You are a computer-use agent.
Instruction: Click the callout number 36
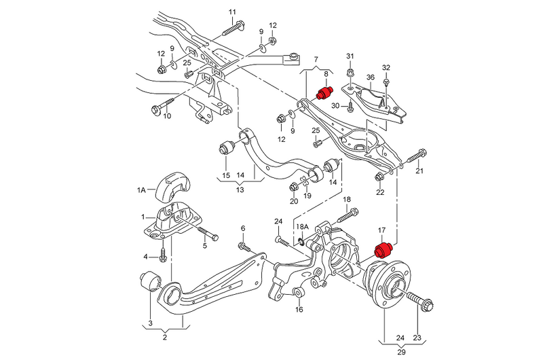click(x=371, y=77)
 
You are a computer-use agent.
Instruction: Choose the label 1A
click(x=141, y=191)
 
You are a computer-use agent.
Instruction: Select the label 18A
click(x=301, y=225)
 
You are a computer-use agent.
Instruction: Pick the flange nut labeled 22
click(x=380, y=178)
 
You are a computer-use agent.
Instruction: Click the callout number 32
click(x=386, y=67)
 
